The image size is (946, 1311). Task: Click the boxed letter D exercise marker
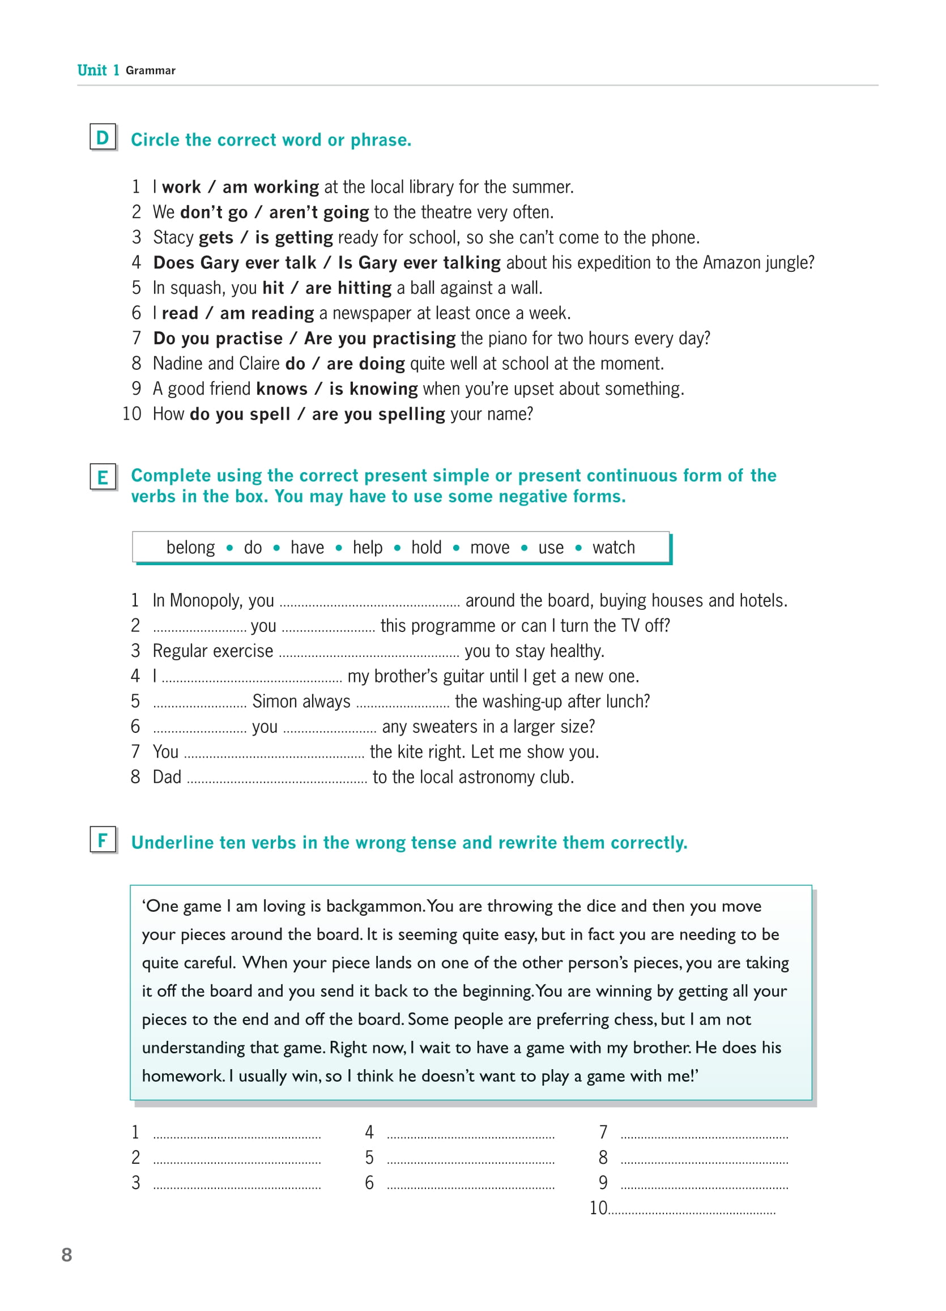pyautogui.click(x=103, y=138)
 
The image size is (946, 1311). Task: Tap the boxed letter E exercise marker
pyautogui.click(x=103, y=477)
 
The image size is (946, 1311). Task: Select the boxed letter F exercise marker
pyautogui.click(x=103, y=840)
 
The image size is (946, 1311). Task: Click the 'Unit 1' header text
pyautogui.click(x=98, y=71)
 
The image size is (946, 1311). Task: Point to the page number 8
pyautogui.click(x=67, y=1255)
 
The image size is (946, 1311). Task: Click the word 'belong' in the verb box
pyautogui.click(x=190, y=548)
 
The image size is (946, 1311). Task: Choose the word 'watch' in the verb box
pyautogui.click(x=613, y=548)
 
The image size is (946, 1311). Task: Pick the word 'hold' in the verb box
pyautogui.click(x=426, y=548)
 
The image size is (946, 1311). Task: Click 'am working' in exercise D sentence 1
pyautogui.click(x=271, y=187)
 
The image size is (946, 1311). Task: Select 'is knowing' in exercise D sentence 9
pyautogui.click(x=373, y=389)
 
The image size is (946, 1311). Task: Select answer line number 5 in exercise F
pyautogui.click(x=471, y=1159)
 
